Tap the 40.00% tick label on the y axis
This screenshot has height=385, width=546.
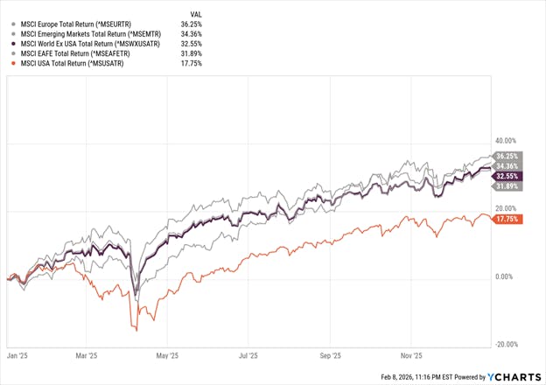(x=506, y=140)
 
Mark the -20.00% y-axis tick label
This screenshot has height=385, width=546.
(x=506, y=344)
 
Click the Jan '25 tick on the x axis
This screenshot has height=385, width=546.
(x=16, y=356)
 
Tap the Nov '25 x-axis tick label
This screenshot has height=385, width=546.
(x=412, y=356)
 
